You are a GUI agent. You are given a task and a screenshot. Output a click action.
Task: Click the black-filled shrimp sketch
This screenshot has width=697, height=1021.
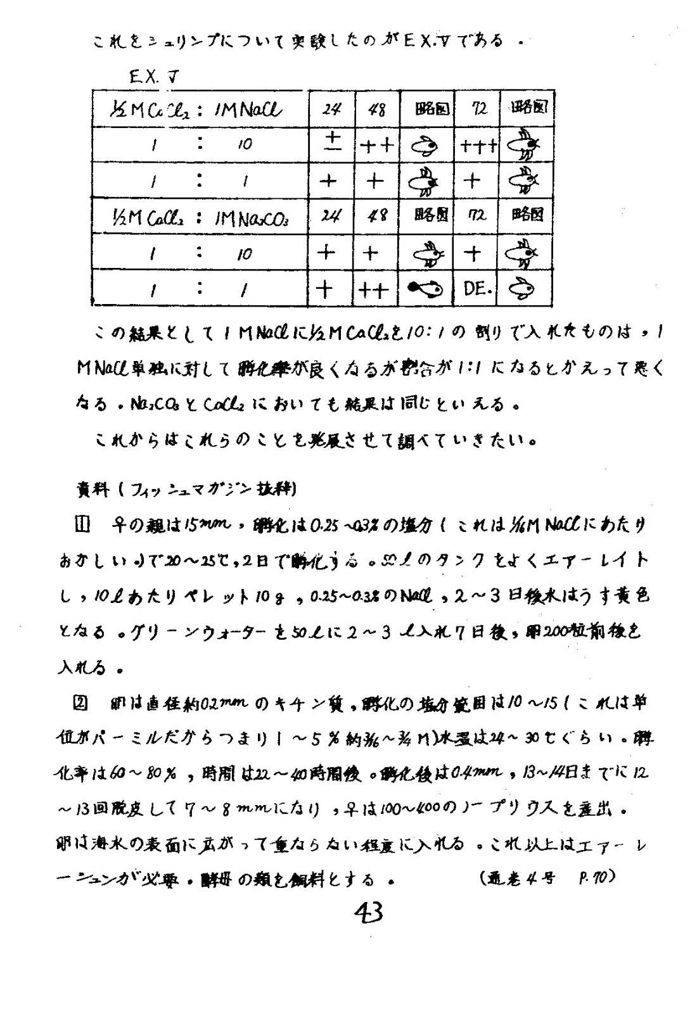(x=424, y=289)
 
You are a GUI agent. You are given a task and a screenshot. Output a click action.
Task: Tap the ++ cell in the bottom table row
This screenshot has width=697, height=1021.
(x=373, y=290)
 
